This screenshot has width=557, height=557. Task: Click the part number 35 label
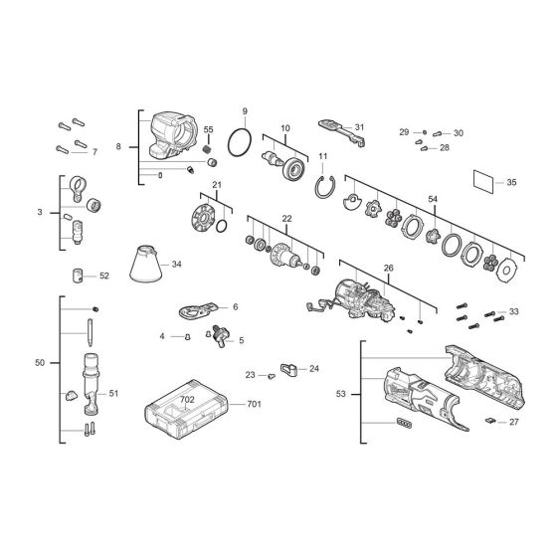coord(511,183)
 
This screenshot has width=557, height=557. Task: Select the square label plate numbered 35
coord(483,181)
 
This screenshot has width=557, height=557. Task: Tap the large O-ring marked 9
coord(240,143)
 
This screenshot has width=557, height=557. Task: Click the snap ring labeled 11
coord(324,188)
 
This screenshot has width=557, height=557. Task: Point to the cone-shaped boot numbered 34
coord(145,264)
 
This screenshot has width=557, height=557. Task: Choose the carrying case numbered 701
coord(187,409)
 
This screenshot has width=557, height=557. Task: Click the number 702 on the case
coord(187,400)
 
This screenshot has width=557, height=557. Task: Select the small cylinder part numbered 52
coord(78,276)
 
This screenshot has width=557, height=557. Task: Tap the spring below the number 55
coord(208,149)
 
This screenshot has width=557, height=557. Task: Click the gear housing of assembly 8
coord(173,135)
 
